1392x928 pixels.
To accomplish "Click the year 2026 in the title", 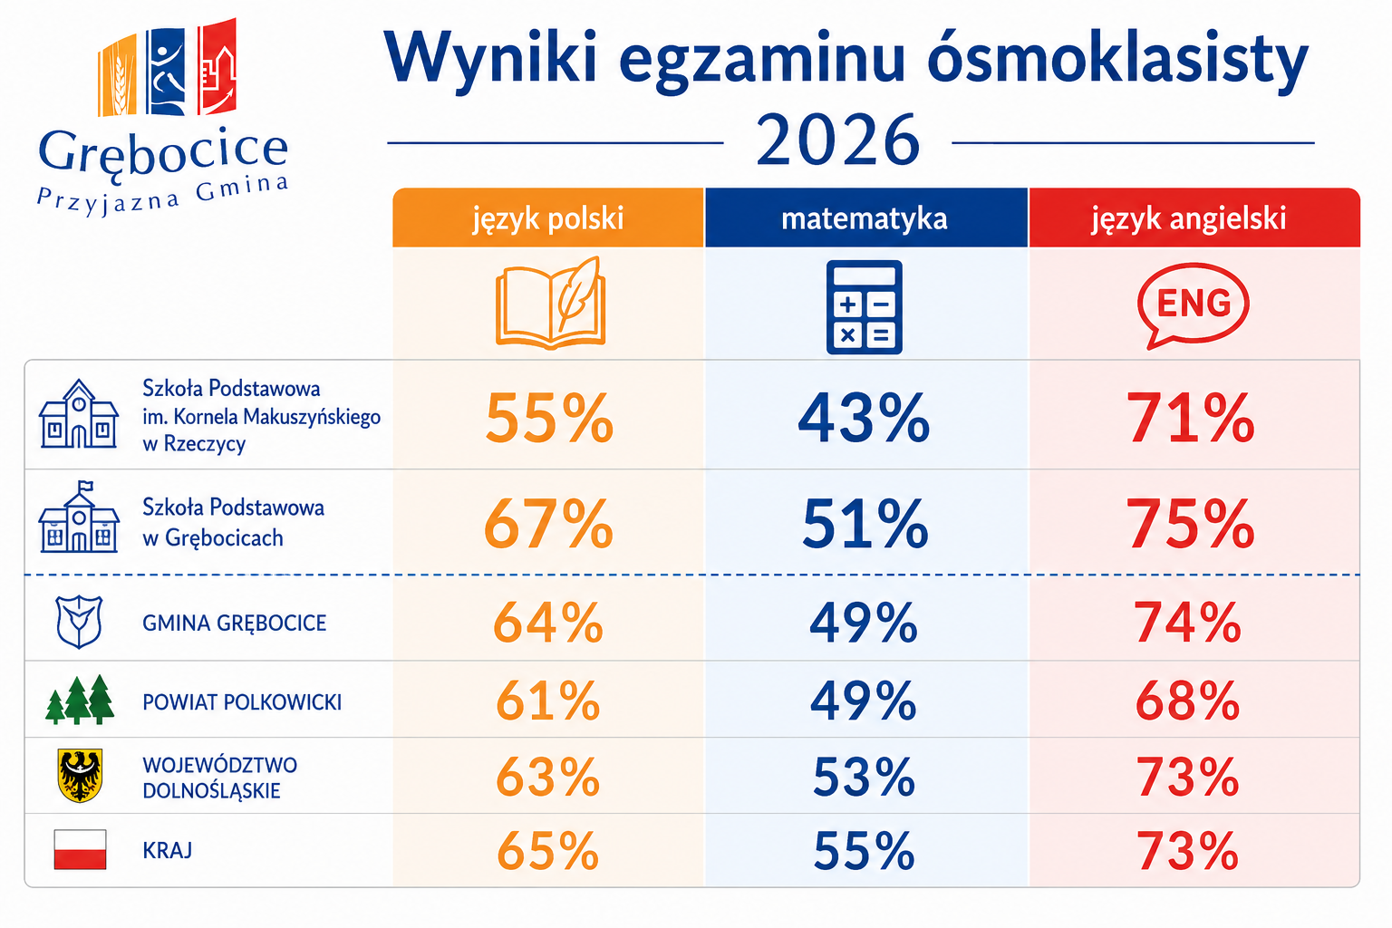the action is coord(837,140).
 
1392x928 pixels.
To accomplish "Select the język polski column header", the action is coord(547,217).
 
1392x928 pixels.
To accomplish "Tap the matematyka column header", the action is coord(865,217).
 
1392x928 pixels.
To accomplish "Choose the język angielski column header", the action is coord(1194,217).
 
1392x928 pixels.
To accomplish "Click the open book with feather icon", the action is coord(550,303).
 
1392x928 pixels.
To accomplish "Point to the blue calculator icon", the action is coord(864,307).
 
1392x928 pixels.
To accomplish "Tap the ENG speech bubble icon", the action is coord(1193,305).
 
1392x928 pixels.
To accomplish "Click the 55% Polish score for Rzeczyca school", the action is coord(548,419).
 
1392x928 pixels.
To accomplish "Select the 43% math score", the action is coord(864,419).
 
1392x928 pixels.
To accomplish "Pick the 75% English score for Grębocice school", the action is coord(1190,524).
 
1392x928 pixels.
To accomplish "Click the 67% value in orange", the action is coord(548,524).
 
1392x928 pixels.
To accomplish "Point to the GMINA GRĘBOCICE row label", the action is coord(235,623).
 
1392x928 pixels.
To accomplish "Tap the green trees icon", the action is coord(80,700).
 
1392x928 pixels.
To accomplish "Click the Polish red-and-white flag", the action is coord(80,849).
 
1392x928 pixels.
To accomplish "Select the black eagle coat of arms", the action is coord(80,775).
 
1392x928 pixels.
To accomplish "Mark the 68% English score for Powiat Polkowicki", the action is coord(1187,701).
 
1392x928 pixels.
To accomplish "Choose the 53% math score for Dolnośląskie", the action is coord(864,777).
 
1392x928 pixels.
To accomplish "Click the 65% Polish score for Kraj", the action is coord(547,851).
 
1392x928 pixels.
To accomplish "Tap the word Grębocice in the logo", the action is coord(163,152).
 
